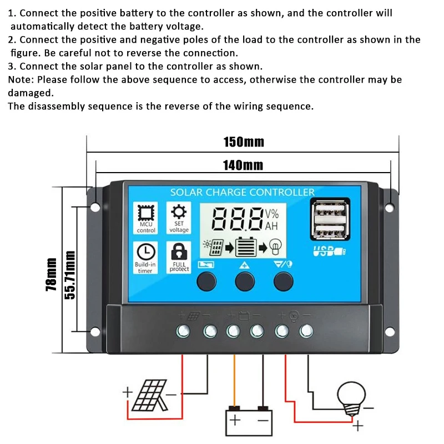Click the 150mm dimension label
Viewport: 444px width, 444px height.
pos(244,142)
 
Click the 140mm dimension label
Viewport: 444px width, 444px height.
pos(243,165)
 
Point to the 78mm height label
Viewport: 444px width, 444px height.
pos(51,274)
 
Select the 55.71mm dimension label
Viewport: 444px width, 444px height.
pos(70,274)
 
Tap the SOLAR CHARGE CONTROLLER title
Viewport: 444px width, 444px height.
pos(242,193)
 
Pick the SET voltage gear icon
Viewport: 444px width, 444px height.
pos(179,211)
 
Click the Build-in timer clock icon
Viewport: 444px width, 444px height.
pos(145,251)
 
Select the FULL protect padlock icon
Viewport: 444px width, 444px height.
pos(179,251)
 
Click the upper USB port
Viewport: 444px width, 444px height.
pos(326,213)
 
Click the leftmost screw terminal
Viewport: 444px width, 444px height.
pos(183,331)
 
